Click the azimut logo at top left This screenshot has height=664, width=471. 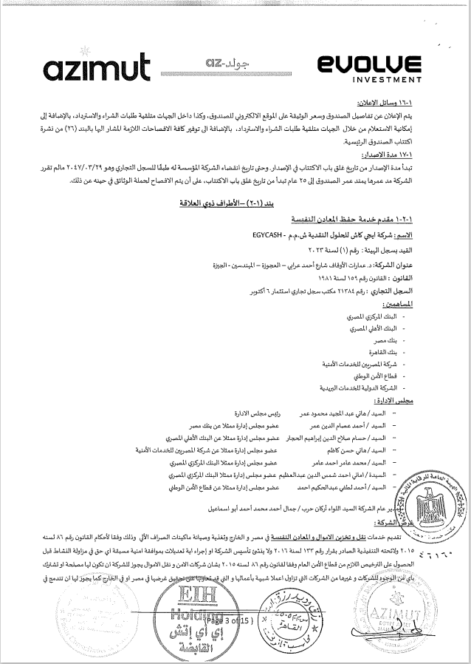click(x=97, y=68)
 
